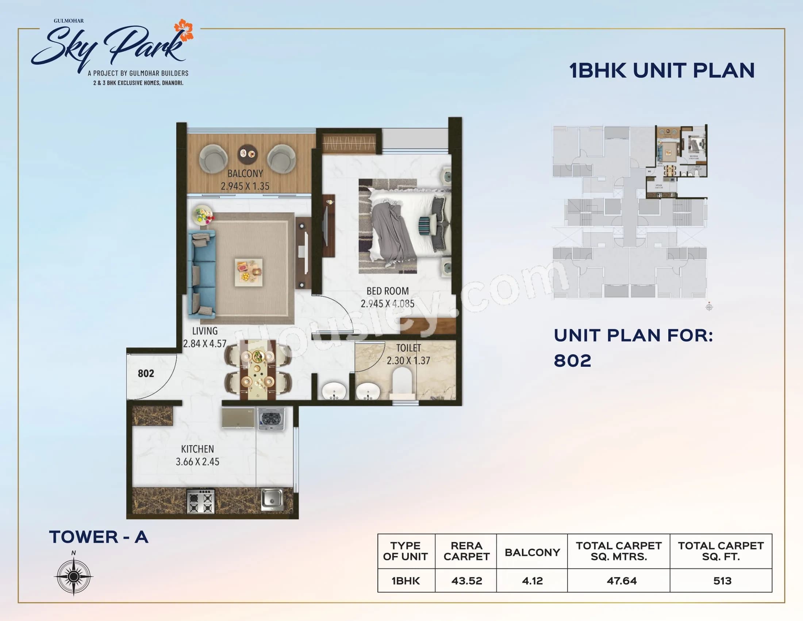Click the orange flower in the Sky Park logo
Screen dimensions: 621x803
[x=184, y=30]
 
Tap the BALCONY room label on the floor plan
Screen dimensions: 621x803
[x=245, y=174]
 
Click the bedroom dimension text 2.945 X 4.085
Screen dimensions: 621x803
[x=387, y=304]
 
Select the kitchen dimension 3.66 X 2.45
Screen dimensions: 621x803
[x=197, y=462]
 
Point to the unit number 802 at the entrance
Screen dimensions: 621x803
[x=146, y=373]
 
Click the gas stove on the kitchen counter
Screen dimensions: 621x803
[x=200, y=501]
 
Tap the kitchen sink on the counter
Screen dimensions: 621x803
[x=272, y=499]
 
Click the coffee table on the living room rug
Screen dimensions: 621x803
[x=249, y=272]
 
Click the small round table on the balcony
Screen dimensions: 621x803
[x=247, y=154]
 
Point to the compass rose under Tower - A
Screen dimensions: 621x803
[x=73, y=576]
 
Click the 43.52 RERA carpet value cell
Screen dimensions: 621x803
[x=466, y=581]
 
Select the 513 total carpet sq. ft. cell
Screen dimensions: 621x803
[x=722, y=581]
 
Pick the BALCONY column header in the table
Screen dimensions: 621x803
[x=532, y=552]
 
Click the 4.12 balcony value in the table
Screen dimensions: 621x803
[x=532, y=581]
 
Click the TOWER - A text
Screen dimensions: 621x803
[x=99, y=537]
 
